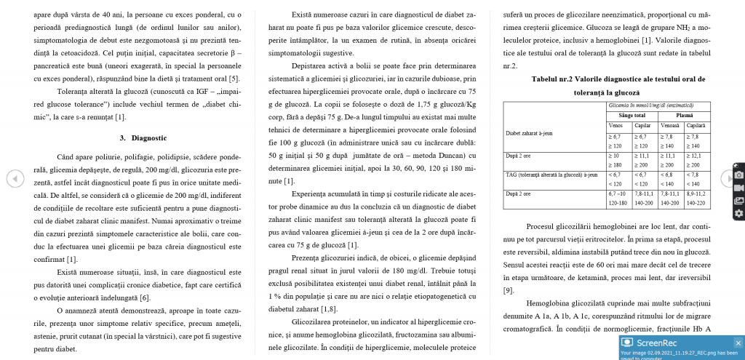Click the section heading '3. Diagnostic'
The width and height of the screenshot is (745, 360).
point(143,137)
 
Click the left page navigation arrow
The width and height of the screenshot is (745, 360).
point(15,178)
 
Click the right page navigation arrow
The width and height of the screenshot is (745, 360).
point(728,178)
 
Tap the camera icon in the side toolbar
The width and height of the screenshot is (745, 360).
point(738,175)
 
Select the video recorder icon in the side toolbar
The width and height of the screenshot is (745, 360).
point(738,187)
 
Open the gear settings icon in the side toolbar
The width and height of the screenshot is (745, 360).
point(738,213)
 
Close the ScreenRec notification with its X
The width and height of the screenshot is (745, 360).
point(738,343)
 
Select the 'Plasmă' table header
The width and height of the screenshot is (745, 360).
point(685,115)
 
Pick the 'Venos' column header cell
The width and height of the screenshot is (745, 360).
point(615,124)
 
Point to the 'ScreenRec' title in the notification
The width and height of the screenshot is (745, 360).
point(658,343)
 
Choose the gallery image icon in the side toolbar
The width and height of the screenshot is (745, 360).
point(738,200)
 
